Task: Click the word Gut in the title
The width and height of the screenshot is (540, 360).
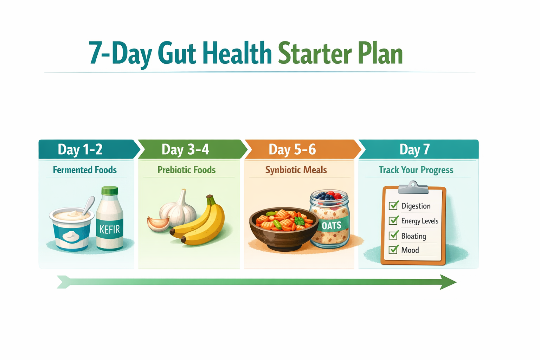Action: point(176,54)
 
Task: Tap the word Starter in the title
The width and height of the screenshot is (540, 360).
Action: point(315,54)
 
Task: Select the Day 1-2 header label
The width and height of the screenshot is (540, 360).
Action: point(80,149)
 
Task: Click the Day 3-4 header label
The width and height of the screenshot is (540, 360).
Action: point(185,149)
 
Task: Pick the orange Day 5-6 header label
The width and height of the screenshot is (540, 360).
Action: point(292,149)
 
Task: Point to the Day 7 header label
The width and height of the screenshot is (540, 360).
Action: point(414,149)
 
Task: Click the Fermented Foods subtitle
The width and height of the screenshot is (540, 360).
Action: point(85,170)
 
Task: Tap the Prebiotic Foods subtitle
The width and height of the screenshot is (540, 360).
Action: point(186,170)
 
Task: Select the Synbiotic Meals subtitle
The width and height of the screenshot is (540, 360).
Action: point(296,170)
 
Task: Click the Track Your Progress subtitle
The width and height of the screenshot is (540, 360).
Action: point(416,170)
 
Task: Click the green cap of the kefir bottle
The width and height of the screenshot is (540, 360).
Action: point(110,191)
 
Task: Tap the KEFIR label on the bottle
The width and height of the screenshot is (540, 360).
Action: point(110,230)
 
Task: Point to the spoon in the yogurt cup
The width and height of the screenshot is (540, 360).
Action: point(89,205)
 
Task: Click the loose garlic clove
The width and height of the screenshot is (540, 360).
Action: point(158,224)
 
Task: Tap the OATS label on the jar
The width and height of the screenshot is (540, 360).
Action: point(332,225)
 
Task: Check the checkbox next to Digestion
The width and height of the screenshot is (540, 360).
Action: point(393,205)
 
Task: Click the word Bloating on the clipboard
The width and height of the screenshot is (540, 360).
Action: point(413,236)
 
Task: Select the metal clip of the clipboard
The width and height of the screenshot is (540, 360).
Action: point(413,188)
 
